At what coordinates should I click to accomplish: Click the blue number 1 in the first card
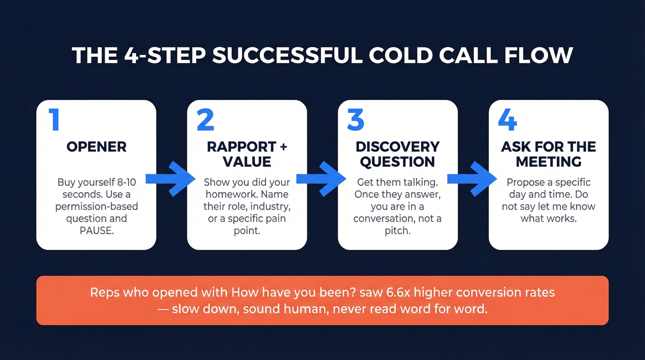pyautogui.click(x=54, y=120)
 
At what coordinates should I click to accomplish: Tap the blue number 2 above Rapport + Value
pyautogui.click(x=205, y=120)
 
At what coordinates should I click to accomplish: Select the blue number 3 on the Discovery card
pyautogui.click(x=356, y=120)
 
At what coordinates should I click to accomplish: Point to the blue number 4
pyautogui.click(x=507, y=120)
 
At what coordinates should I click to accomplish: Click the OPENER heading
pyautogui.click(x=96, y=147)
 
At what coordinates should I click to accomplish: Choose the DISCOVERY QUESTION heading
pyautogui.click(x=398, y=154)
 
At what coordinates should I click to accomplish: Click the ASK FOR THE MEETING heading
pyautogui.click(x=548, y=154)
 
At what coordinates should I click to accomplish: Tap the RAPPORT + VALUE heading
pyautogui.click(x=246, y=154)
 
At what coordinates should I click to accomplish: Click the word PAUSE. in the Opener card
pyautogui.click(x=96, y=230)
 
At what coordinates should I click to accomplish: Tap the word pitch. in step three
pyautogui.click(x=398, y=230)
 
